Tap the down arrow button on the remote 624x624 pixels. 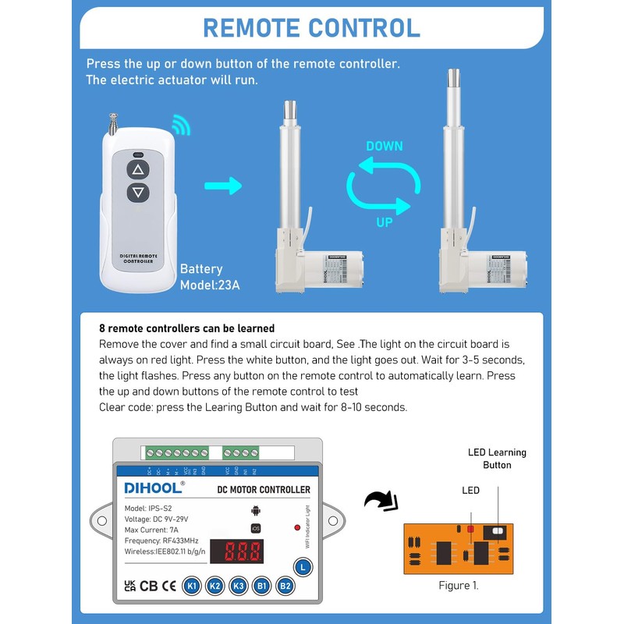[x=138, y=192]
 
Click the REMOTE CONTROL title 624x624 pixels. [x=311, y=27]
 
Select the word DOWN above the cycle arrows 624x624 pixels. [x=385, y=146]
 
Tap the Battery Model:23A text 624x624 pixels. [x=210, y=277]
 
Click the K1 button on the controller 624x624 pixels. [x=191, y=586]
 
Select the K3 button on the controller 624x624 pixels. [x=239, y=586]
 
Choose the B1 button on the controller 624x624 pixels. [x=263, y=586]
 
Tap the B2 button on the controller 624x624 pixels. [x=286, y=586]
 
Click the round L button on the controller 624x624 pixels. [x=303, y=567]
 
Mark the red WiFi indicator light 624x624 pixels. [x=297, y=528]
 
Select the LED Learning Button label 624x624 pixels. [x=497, y=459]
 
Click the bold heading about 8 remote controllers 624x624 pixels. [x=186, y=328]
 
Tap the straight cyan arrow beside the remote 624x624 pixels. [x=223, y=186]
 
